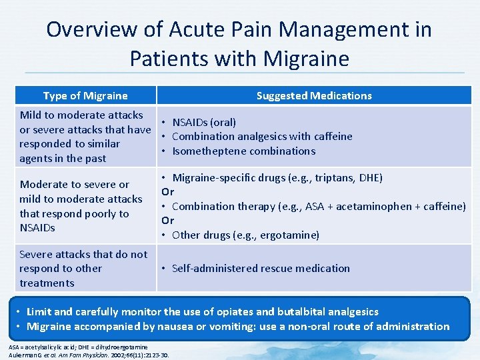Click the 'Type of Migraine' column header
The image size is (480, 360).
click(85, 95)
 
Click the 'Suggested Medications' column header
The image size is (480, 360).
click(314, 95)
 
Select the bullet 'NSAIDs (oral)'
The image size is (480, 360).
click(203, 122)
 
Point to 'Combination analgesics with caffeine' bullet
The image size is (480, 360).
click(261, 136)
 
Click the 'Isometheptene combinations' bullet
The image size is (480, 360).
click(243, 151)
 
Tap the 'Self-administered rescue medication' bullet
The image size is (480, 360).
click(260, 268)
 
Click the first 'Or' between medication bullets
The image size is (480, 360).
click(167, 192)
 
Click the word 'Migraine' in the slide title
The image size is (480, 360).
click(306, 58)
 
